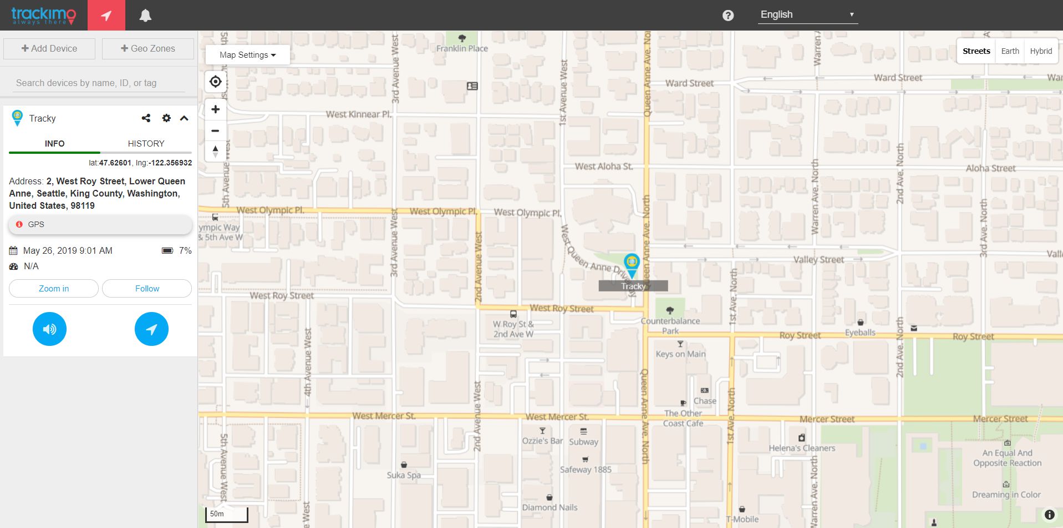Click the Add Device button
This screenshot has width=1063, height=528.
point(49,49)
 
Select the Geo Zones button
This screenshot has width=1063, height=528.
point(148,49)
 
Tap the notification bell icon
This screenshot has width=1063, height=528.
point(145,16)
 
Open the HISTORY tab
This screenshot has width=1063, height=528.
point(146,143)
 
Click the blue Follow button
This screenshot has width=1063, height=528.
point(147,289)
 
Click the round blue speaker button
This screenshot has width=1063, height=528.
point(49,329)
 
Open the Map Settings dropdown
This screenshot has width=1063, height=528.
point(247,55)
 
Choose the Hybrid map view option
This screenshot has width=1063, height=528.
point(1041,51)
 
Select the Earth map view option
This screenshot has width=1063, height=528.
point(1010,51)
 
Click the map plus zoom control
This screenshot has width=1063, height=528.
point(216,109)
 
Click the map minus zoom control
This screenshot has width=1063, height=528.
point(216,131)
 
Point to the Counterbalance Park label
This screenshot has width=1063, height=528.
point(670,325)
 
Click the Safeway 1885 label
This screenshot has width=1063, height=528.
point(586,469)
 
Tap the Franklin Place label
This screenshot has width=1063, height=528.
point(462,48)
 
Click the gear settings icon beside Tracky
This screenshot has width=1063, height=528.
point(166,118)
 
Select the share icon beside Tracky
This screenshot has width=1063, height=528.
point(146,118)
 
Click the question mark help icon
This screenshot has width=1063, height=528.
point(728,16)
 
